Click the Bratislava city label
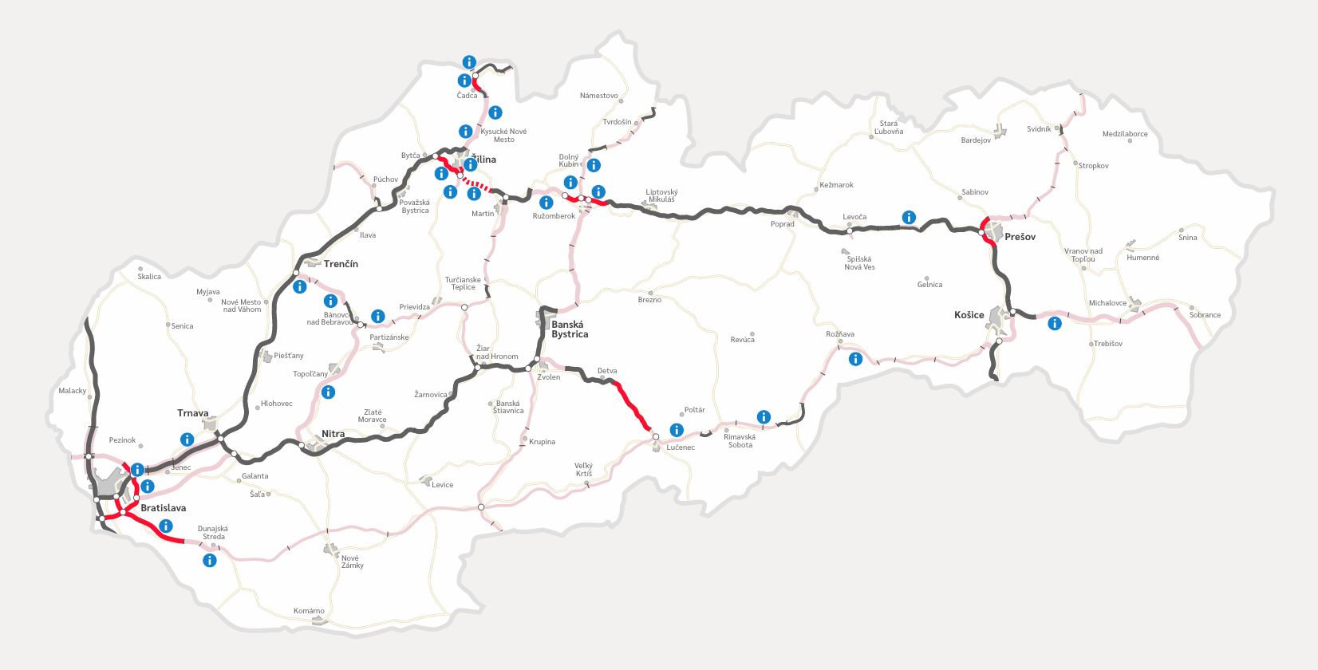click(x=163, y=508)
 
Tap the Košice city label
click(x=969, y=315)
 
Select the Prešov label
click(x=1020, y=237)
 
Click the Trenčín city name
click(x=341, y=264)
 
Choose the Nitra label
click(x=333, y=434)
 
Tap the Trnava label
click(x=192, y=413)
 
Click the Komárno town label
click(x=309, y=611)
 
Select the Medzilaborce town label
click(x=1125, y=134)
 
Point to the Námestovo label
click(x=598, y=96)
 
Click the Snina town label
click(x=1188, y=238)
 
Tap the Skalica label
click(x=149, y=277)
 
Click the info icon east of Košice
click(x=1055, y=323)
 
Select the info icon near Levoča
click(x=909, y=217)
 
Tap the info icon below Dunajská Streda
click(x=209, y=560)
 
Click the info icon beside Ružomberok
click(x=547, y=203)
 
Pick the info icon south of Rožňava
click(x=855, y=359)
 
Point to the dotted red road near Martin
click(x=478, y=186)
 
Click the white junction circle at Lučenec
click(x=656, y=437)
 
